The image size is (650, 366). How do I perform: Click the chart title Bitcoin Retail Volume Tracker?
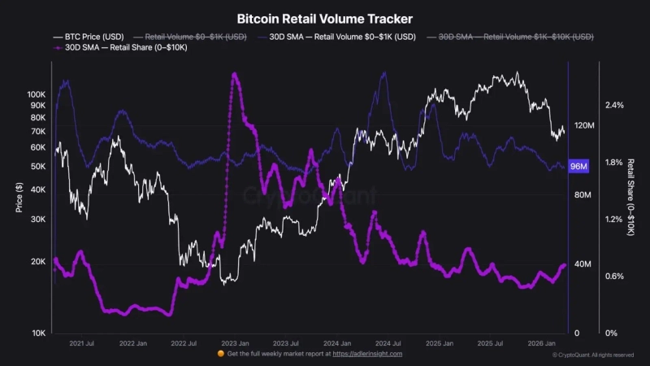pyautogui.click(x=324, y=18)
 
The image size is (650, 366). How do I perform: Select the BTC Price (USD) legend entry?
pyautogui.click(x=89, y=37)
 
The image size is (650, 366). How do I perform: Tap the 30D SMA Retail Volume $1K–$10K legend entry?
pyautogui.click(x=515, y=37)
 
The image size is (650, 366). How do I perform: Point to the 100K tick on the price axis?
pyautogui.click(x=36, y=94)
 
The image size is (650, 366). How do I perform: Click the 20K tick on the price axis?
pyautogui.click(x=38, y=261)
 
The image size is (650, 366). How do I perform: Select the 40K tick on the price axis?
pyautogui.click(x=38, y=190)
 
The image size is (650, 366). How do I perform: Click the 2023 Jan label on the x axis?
pyautogui.click(x=235, y=344)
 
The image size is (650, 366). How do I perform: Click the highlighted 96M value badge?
pyautogui.click(x=579, y=167)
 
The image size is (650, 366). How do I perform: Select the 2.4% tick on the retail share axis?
pyautogui.click(x=614, y=106)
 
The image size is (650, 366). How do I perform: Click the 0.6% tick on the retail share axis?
pyautogui.click(x=614, y=277)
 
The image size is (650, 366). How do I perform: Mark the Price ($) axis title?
pyautogui.click(x=19, y=197)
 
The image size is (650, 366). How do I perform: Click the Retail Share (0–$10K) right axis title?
pyautogui.click(x=630, y=198)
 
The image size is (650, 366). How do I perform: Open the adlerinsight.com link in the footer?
pyautogui.click(x=367, y=354)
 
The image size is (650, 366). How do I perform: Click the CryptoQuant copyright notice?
pyautogui.click(x=593, y=355)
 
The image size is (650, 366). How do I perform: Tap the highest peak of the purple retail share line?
pyautogui.click(x=234, y=75)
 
